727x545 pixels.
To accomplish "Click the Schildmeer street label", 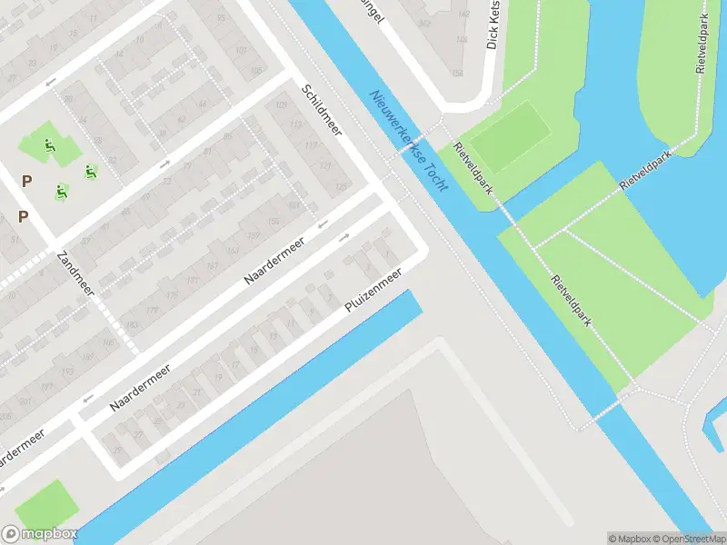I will (321, 109).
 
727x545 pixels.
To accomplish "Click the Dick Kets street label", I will (493, 25).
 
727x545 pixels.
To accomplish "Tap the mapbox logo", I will (39, 534).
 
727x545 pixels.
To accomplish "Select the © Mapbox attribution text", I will (630, 538).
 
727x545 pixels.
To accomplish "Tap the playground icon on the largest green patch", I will (48, 145).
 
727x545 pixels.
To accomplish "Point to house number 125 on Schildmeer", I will (341, 186).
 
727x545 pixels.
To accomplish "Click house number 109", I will (280, 107).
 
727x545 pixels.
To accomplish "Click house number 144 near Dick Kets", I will (462, 41).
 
